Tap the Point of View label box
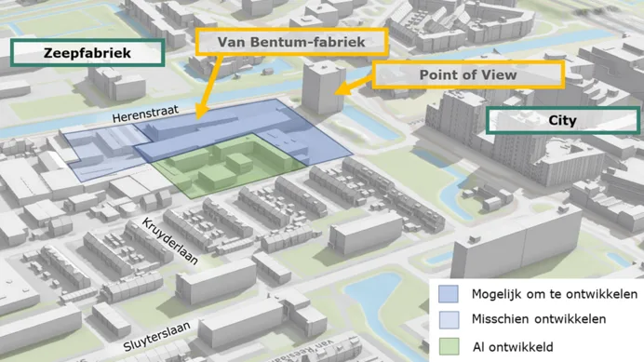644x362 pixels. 469,75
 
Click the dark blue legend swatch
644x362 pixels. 449,294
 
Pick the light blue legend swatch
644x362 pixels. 449,320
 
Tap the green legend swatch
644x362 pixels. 449,346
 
